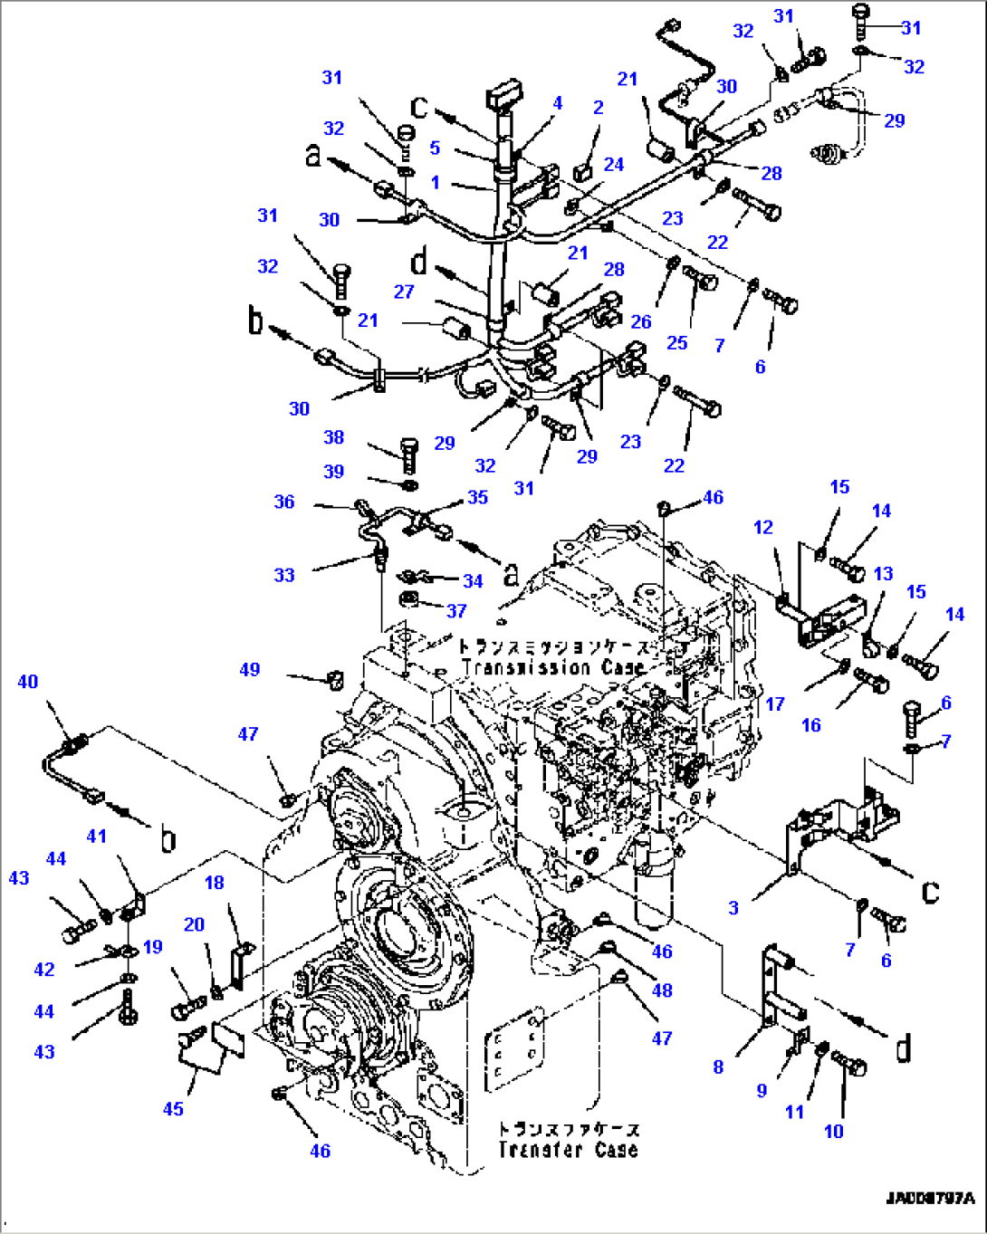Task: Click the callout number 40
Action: pos(28,682)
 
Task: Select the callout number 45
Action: pos(173,1109)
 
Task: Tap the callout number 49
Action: pos(250,669)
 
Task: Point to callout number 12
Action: pos(763,527)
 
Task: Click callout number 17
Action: pos(775,703)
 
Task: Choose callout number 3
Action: pos(733,908)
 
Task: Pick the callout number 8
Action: pos(718,1067)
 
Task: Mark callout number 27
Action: pos(404,292)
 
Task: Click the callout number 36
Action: pos(284,502)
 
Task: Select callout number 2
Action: pos(598,108)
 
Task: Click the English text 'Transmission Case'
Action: pos(553,668)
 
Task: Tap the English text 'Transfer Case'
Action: pos(568,1150)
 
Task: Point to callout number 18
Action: pos(214,883)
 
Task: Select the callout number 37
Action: pos(456,610)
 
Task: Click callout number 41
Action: pos(96,837)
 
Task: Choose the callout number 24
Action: pos(614,164)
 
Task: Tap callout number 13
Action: pos(883,573)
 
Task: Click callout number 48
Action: pos(662,990)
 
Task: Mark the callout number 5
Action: pos(435,148)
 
